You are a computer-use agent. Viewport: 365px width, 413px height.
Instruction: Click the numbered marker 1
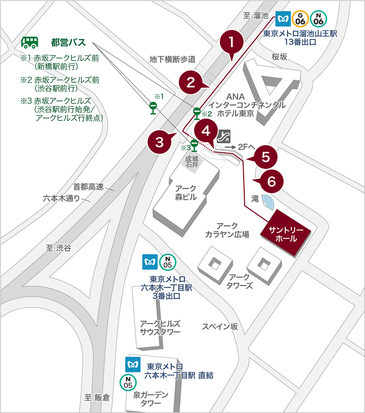232,42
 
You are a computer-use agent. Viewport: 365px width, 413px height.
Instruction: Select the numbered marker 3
160,142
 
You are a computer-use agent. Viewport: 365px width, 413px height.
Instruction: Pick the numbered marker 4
206,131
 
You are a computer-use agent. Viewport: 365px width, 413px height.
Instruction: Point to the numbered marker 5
266,157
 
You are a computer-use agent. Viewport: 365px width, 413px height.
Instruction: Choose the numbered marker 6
272,181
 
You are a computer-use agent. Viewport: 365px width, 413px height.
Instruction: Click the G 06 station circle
300,19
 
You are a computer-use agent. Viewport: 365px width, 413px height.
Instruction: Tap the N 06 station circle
318,19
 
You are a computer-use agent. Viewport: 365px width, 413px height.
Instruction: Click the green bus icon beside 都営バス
30,42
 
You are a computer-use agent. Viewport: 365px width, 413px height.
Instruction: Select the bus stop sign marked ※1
153,108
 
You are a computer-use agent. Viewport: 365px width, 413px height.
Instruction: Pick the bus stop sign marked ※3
194,146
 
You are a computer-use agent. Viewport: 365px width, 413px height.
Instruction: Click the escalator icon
223,136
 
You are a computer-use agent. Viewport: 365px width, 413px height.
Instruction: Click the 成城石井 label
192,162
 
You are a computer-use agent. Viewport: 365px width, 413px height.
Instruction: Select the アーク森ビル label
186,193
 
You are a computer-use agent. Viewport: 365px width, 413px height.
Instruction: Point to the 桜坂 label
279,57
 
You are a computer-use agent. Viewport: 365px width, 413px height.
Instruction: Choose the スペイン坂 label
220,327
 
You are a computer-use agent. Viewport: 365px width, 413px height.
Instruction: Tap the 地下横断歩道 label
173,59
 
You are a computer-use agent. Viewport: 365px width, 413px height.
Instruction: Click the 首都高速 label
88,187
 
